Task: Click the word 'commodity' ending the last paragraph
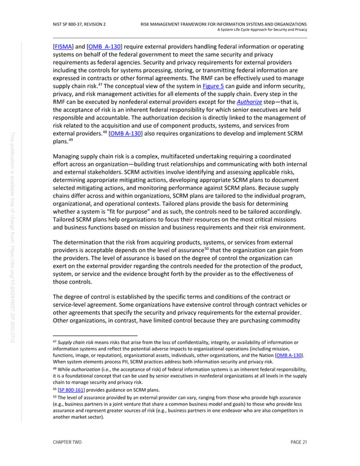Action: [x=287, y=322]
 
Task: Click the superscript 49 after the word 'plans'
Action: [x=69, y=142]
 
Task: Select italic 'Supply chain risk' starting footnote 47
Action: [x=75, y=342]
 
